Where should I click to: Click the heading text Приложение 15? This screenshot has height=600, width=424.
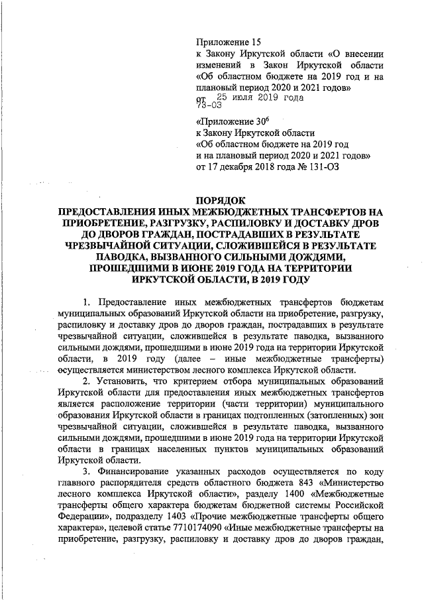click(x=229, y=41)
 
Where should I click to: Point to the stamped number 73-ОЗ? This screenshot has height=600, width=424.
click(x=208, y=105)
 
